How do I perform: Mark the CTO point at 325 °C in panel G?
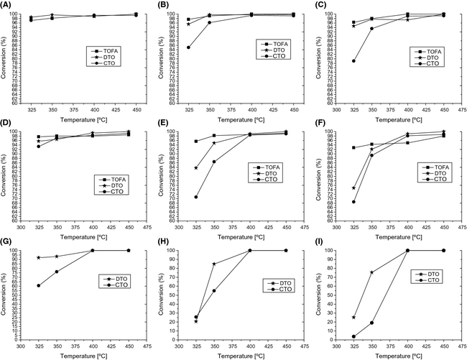pos(39,285)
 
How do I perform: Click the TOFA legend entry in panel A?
pos(108,51)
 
